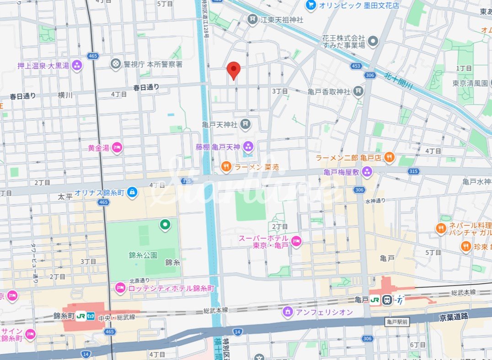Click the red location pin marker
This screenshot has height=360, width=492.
(234, 69)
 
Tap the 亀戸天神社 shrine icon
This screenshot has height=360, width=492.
(246, 124)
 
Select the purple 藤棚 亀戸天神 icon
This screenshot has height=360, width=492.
(248, 147)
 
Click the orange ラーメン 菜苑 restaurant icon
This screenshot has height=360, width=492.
(226, 167)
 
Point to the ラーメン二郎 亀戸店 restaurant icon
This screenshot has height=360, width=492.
(389, 158)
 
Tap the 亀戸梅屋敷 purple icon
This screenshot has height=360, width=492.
(367, 172)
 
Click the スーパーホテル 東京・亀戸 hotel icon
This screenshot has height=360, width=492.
(296, 242)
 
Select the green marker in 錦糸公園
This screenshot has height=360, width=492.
(165, 224)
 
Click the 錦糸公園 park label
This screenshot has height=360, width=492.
(143, 255)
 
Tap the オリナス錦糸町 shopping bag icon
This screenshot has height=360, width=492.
(132, 192)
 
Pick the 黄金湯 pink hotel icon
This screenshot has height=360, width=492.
(117, 148)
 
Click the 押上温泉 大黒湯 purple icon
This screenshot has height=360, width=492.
(77, 65)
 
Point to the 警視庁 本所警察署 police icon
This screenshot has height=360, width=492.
(116, 64)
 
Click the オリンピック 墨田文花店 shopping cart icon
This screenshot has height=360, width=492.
(311, 5)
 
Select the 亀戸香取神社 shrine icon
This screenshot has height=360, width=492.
(358, 92)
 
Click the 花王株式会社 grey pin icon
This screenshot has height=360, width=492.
(374, 42)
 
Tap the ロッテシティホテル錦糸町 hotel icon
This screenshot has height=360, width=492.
(120, 288)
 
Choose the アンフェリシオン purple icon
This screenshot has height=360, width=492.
(288, 312)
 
